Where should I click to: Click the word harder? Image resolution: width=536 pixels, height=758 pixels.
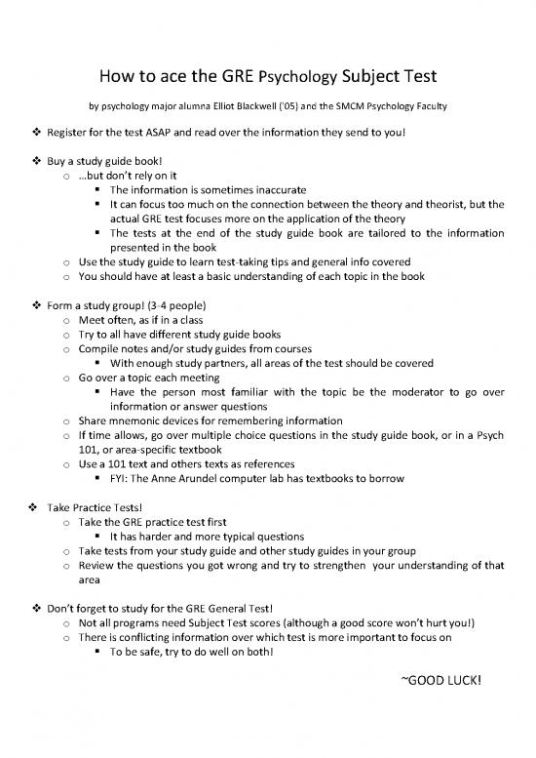click(x=154, y=537)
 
